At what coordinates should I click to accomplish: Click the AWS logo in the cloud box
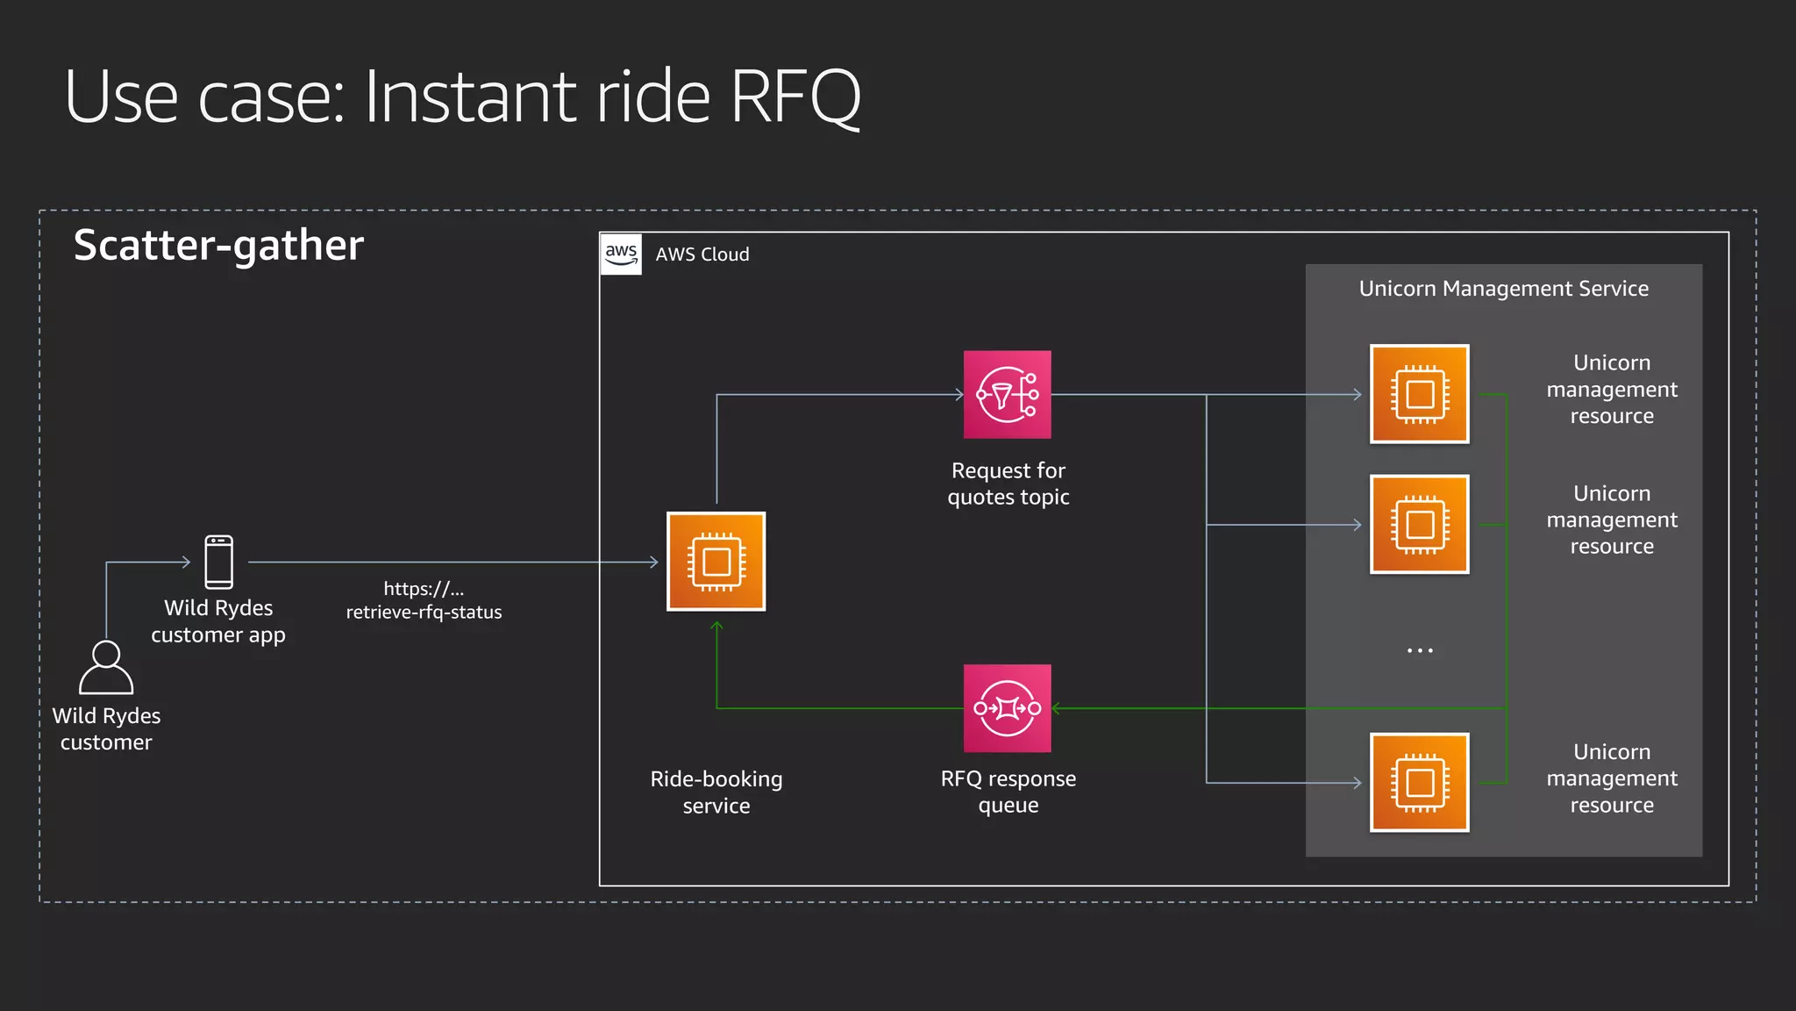(621, 254)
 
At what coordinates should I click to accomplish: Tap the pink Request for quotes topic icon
(1007, 395)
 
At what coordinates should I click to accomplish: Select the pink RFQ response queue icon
(1007, 708)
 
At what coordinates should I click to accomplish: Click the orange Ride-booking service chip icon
(716, 562)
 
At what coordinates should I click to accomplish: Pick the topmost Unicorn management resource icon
(1419, 394)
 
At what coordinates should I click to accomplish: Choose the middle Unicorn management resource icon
(1419, 525)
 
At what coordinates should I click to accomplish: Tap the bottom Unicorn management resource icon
(1419, 782)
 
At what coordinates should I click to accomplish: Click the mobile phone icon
(218, 562)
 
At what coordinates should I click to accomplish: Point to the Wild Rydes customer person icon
(106, 668)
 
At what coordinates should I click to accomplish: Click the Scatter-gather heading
(218, 245)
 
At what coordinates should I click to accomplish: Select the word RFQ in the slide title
(795, 97)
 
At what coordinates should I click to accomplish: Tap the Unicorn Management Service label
(1503, 289)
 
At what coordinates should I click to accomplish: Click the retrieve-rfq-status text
(424, 612)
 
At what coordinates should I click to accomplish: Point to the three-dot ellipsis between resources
(1419, 650)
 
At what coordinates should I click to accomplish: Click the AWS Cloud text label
(702, 255)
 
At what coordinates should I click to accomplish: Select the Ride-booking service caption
(716, 792)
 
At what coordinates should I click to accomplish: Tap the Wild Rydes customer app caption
(218, 620)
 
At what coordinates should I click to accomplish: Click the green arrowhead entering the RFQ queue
(1057, 708)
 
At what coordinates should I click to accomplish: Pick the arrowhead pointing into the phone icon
(186, 562)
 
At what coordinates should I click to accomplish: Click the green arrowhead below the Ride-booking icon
(716, 627)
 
